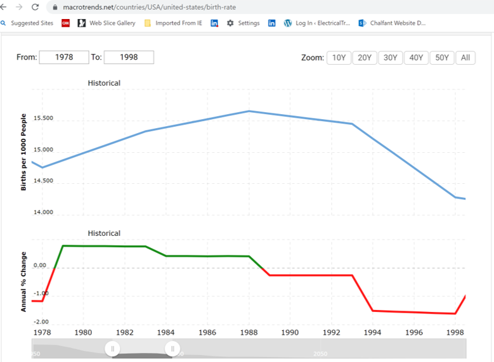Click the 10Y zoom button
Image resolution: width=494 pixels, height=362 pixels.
(x=339, y=58)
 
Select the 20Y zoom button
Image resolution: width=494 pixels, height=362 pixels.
(x=365, y=58)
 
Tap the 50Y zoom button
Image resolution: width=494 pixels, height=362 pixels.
(x=442, y=58)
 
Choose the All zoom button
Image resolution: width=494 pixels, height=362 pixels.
(x=465, y=58)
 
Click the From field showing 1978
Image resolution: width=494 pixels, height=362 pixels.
(x=64, y=57)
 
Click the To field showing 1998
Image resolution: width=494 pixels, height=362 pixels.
(x=129, y=57)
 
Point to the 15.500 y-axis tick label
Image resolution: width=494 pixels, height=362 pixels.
(x=43, y=119)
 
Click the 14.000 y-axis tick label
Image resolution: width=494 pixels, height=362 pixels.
(x=43, y=212)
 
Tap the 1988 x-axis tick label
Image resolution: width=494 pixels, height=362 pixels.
(x=249, y=332)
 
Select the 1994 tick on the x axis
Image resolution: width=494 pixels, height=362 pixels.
(x=372, y=332)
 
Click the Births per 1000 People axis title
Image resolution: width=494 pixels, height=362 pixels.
(x=23, y=152)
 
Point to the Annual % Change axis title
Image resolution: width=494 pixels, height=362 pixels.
(x=23, y=279)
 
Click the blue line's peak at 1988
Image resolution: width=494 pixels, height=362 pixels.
(x=249, y=111)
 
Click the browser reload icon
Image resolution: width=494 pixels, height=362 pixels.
(x=35, y=7)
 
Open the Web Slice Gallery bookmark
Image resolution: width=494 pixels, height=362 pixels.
(x=107, y=23)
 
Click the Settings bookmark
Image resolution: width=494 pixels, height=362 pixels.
(x=244, y=23)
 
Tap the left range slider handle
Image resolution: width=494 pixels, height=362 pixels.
(x=112, y=349)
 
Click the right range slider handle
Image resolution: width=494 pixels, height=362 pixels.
(x=172, y=349)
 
